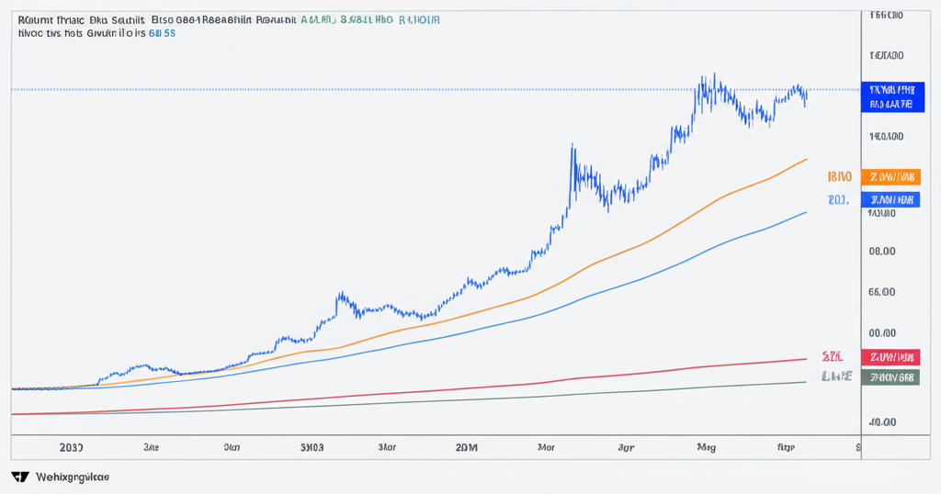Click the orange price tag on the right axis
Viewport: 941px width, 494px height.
(x=890, y=176)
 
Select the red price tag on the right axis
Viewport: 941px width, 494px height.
(x=890, y=356)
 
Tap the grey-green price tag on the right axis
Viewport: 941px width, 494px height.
(x=890, y=377)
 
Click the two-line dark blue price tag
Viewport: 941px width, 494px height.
(x=890, y=96)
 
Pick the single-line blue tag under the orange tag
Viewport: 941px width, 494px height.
(x=890, y=199)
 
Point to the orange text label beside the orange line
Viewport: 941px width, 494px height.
(x=839, y=176)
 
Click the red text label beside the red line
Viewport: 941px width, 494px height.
(x=833, y=356)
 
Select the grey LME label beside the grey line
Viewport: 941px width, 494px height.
(x=836, y=376)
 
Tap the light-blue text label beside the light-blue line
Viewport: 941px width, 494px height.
(x=837, y=199)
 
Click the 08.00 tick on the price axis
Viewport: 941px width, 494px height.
(x=882, y=251)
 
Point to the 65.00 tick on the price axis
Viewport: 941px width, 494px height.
(x=882, y=292)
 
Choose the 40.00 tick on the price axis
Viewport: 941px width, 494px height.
(x=882, y=422)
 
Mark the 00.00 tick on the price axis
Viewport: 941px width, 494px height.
(x=882, y=334)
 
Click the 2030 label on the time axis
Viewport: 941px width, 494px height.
(x=70, y=448)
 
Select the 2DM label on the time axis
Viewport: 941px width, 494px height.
(x=468, y=448)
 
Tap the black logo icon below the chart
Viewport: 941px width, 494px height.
(x=19, y=477)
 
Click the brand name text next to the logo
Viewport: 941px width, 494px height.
(x=72, y=477)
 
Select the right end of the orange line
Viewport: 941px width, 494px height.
(x=806, y=159)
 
